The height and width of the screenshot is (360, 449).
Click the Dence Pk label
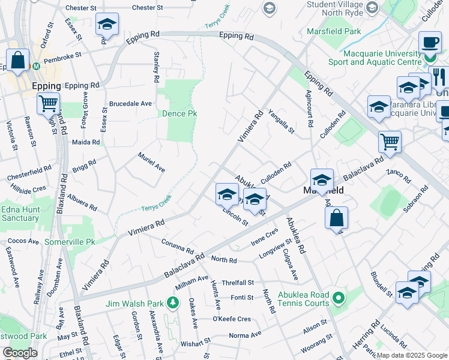click(179, 113)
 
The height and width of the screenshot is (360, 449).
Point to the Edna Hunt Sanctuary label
click(20, 214)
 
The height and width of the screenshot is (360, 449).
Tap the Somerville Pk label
click(70, 242)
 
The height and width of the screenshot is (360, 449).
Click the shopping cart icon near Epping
click(48, 102)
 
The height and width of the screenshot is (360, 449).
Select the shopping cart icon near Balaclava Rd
click(390, 142)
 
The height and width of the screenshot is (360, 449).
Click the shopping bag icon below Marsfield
click(337, 217)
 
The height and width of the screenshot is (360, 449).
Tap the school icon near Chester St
click(107, 24)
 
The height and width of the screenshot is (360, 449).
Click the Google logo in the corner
click(20, 353)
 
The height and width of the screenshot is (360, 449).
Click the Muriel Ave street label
click(151, 161)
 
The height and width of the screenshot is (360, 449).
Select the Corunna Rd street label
click(178, 245)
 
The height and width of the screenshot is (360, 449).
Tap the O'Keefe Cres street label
click(232, 319)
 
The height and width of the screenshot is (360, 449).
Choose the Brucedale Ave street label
click(130, 103)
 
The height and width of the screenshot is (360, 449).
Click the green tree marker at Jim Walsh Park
click(173, 302)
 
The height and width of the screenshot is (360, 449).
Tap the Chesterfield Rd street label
click(29, 174)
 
